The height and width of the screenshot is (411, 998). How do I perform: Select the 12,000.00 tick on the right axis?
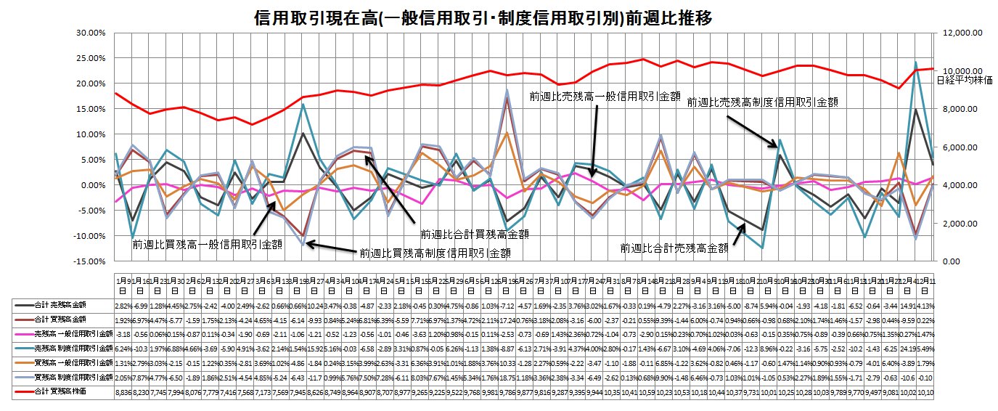click(961, 33)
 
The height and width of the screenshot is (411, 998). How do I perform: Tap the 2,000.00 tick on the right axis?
click(959, 224)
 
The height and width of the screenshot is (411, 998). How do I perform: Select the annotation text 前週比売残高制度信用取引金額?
click(762, 103)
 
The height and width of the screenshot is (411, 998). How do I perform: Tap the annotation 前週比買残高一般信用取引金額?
click(207, 245)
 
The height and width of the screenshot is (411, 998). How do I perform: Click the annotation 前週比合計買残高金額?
click(475, 235)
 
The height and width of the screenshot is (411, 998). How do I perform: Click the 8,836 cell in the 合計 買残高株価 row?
click(123, 392)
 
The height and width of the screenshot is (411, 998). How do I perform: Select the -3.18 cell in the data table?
click(123, 333)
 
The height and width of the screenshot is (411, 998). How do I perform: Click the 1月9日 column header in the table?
click(123, 283)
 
